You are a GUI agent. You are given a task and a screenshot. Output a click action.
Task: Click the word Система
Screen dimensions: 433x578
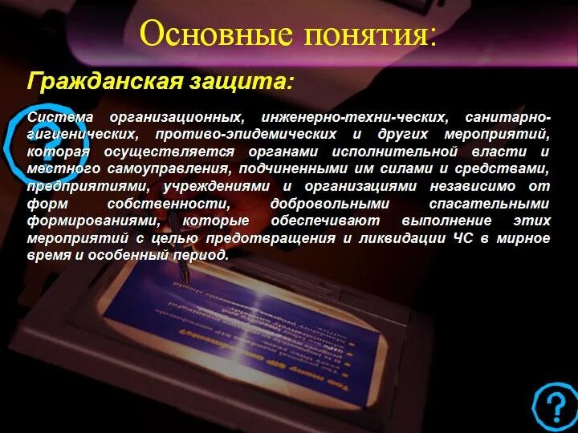tap(61, 117)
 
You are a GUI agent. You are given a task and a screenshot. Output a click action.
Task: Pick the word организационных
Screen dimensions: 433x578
tap(177, 117)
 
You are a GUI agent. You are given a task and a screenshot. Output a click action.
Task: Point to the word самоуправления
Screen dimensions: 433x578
tap(168, 168)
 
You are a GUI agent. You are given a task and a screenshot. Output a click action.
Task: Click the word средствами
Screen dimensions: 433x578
tap(507, 168)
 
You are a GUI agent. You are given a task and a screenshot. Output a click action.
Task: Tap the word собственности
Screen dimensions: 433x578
tap(174, 204)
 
